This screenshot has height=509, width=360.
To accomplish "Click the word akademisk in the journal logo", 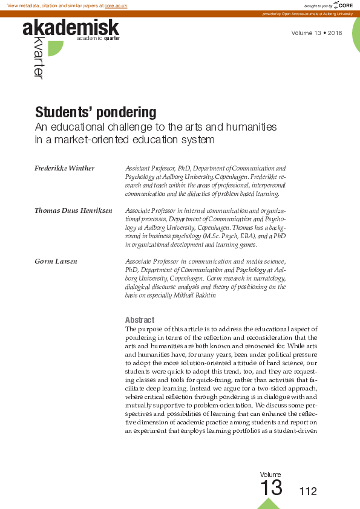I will [x=71, y=27].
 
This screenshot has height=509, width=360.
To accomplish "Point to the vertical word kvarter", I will [x=39, y=58].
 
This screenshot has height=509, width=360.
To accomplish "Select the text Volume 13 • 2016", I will [x=316, y=33].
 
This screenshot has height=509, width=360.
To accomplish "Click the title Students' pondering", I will [x=96, y=113].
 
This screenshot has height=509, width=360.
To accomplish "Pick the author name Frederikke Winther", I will [x=65, y=168].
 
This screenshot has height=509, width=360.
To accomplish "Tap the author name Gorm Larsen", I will [x=56, y=261].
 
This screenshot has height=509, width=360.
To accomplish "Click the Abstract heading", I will [x=140, y=320].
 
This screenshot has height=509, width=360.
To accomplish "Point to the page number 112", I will [x=308, y=491].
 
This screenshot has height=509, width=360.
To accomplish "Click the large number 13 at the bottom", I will [x=270, y=488].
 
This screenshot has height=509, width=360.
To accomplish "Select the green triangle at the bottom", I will [x=269, y=504].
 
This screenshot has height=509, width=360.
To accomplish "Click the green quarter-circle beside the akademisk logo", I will [x=55, y=48].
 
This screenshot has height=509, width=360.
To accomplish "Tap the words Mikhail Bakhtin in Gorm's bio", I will [x=195, y=296].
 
